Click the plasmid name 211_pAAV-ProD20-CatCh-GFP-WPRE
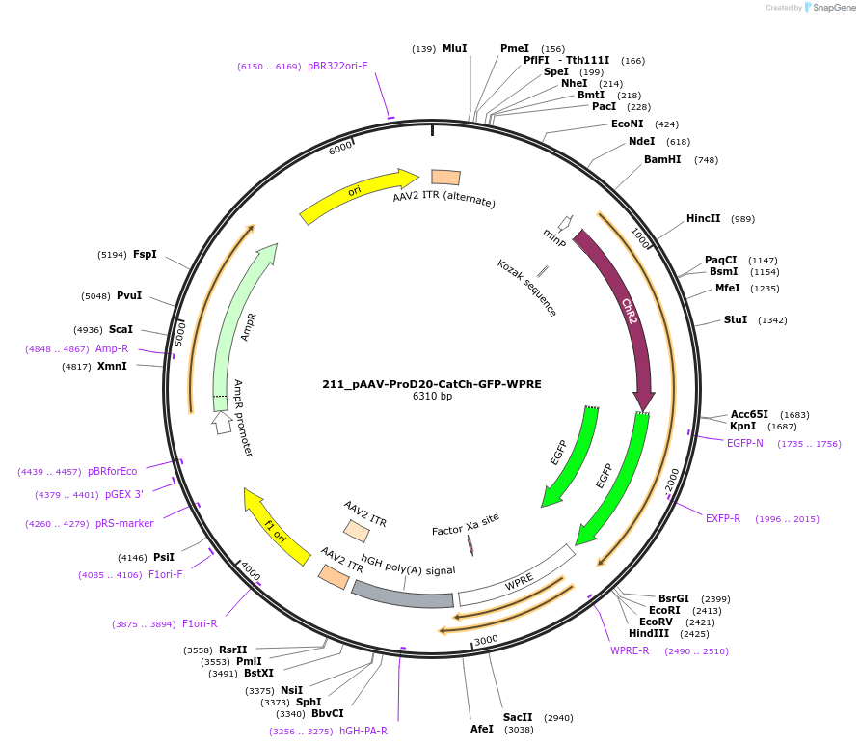point(431,384)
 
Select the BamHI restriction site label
point(662,160)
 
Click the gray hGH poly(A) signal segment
point(403,595)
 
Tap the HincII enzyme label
point(703,219)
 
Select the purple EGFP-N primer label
point(744,443)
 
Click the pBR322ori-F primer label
point(337,67)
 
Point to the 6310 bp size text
point(431,397)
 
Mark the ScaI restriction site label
point(121,329)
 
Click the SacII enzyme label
point(518,718)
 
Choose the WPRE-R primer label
point(631,650)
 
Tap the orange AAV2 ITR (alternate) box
point(445,177)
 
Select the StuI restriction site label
point(736,319)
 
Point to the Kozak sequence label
point(526,288)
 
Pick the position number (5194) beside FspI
point(112,255)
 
